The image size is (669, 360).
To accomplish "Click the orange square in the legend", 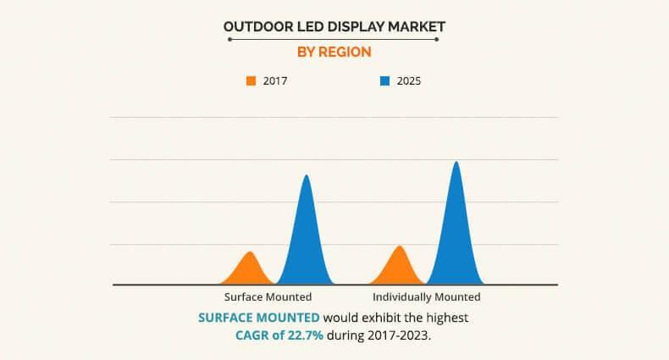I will click(x=252, y=81).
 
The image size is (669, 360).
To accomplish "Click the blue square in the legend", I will click(x=384, y=81).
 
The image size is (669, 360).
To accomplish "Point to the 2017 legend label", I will click(x=276, y=81).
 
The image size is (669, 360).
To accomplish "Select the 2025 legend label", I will click(x=408, y=81).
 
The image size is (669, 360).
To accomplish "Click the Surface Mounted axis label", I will click(x=268, y=297).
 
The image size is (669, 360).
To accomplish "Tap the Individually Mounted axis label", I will click(x=427, y=297).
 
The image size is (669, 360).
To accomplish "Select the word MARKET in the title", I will click(x=415, y=27).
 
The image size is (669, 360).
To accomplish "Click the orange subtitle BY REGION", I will click(x=334, y=52).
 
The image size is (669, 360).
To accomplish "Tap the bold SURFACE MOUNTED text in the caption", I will click(x=259, y=318).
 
